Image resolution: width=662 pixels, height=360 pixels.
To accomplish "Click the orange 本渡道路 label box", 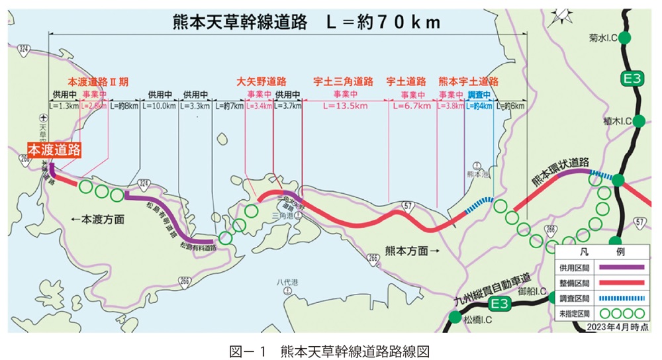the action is point(54,150).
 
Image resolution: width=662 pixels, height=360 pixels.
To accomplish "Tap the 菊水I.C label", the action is point(603,38).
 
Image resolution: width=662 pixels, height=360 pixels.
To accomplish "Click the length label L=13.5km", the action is point(345,105).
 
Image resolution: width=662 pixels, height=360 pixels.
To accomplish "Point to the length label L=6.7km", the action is point(412,105).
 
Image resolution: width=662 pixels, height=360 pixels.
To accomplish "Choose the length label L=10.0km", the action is point(159,105).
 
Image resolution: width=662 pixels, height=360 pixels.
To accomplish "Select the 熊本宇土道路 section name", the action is point(468,81).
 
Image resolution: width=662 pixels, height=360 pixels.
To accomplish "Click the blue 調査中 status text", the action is point(479,95).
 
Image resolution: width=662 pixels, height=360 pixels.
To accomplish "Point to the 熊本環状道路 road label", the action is point(559,171).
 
